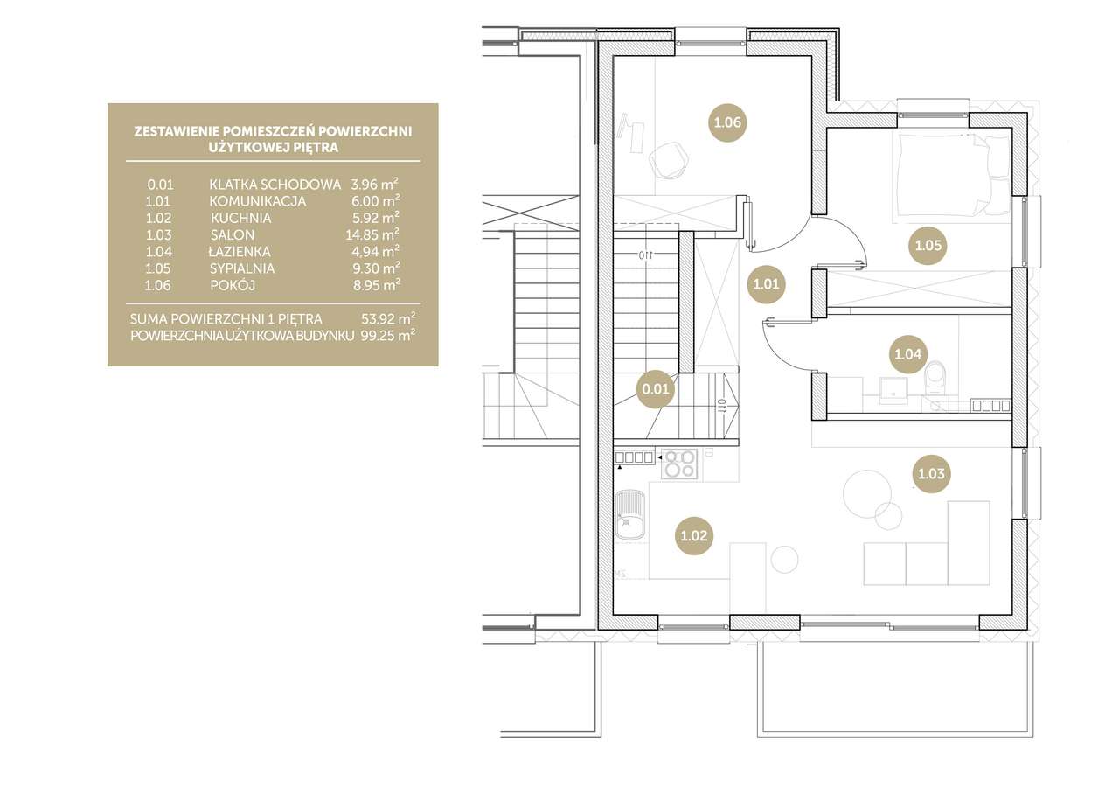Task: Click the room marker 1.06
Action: pos(727,122)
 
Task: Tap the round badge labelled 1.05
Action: pos(928,246)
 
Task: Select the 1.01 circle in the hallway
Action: pos(766,284)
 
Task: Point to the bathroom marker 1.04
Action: pos(907,354)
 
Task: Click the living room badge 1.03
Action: pos(931,473)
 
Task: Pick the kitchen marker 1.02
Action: pos(694,535)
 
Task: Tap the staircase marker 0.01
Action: pos(656,389)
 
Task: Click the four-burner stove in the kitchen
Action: pos(679,464)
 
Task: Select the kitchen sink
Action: pos(630,515)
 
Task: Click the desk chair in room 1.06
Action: pos(670,159)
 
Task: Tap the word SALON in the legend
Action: pos(233,235)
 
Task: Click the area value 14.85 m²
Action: pos(372,234)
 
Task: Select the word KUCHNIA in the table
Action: pos(240,218)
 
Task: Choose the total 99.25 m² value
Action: pos(388,335)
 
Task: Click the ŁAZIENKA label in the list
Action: pos(240,251)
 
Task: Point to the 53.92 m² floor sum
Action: pos(388,318)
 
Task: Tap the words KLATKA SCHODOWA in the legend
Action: pos(275,185)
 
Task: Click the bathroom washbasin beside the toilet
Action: pos(893,390)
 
